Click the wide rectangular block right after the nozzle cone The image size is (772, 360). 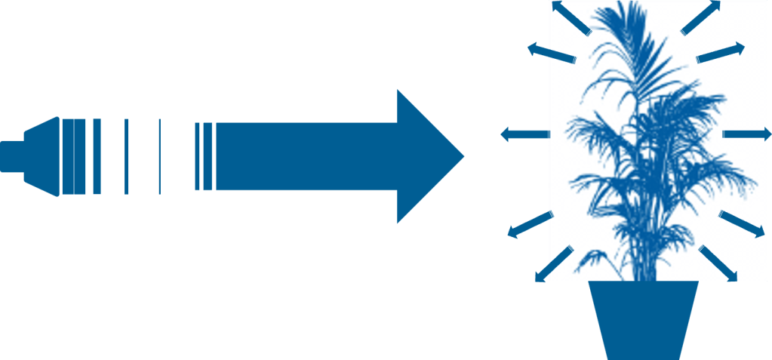click(x=73, y=156)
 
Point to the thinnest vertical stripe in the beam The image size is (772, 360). click(x=159, y=156)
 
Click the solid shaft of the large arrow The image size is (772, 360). click(x=302, y=156)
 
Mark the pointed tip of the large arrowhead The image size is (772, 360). click(x=462, y=156)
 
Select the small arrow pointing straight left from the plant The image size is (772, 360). click(x=524, y=134)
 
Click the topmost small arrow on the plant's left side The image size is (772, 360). click(x=569, y=16)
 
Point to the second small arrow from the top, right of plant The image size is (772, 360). click(x=721, y=53)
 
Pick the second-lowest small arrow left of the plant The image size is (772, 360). click(x=529, y=225)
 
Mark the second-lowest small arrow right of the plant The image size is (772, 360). click(x=743, y=225)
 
